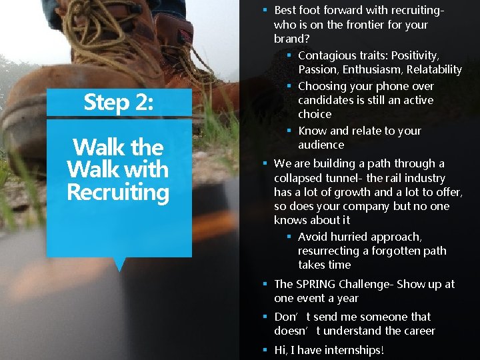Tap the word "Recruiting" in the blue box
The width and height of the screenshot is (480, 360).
118,192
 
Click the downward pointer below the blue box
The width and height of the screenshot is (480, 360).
119,265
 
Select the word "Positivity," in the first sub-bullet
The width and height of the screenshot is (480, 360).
414,55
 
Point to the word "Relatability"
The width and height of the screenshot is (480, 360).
434,69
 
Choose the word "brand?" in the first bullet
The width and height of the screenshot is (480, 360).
289,39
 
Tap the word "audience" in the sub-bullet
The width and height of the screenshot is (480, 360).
321,145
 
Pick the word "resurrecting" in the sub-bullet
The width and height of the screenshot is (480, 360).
329,251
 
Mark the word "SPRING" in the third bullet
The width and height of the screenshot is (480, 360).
316,284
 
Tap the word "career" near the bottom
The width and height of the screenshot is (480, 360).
417,331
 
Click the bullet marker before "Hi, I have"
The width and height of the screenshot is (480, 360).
265,350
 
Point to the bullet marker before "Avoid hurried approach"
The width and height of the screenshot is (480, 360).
289,237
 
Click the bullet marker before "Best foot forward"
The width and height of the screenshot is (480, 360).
265,10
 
